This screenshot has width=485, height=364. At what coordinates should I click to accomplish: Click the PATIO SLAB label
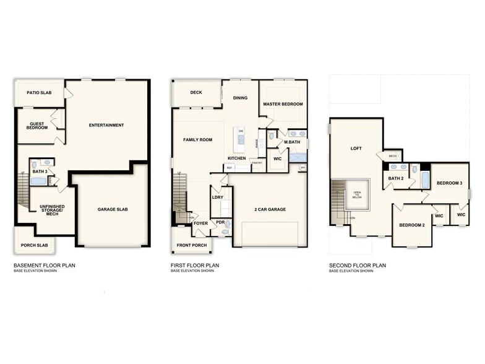click(x=38, y=93)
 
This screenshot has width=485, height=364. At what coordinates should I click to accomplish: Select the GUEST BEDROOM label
click(x=38, y=125)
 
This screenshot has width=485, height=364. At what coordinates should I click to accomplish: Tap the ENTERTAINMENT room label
click(x=106, y=125)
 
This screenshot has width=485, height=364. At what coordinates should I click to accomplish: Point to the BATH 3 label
click(x=40, y=171)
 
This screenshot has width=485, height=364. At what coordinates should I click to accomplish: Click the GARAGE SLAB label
click(x=113, y=209)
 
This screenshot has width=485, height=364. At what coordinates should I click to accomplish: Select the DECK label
click(x=196, y=92)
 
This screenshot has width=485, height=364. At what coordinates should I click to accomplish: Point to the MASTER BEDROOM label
click(x=283, y=104)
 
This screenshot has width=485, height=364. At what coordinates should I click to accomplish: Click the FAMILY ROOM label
click(x=197, y=140)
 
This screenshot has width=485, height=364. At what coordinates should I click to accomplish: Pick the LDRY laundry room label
click(x=217, y=197)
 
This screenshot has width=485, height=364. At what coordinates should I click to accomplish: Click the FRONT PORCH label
click(x=191, y=245)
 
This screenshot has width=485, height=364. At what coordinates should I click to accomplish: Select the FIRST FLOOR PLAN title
click(x=195, y=266)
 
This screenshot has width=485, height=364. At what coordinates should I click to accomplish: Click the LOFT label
click(x=356, y=148)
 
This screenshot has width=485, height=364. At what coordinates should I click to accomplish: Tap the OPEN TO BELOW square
click(x=357, y=193)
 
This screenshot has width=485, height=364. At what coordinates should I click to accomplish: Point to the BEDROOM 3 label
click(x=449, y=183)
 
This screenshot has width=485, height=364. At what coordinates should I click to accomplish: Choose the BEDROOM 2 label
click(x=411, y=225)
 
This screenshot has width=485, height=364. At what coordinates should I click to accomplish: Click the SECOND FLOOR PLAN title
click(x=358, y=266)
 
